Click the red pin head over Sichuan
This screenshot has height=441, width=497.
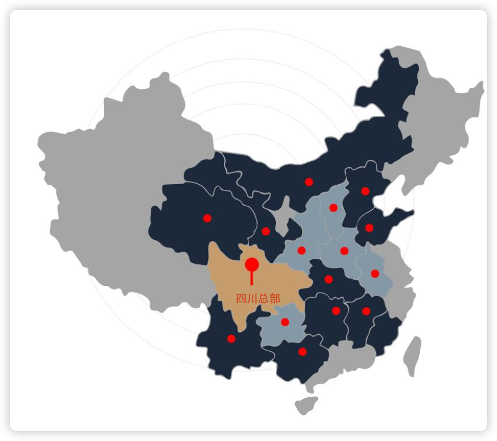coord(252,265)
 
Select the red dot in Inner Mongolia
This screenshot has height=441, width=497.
coord(309,182)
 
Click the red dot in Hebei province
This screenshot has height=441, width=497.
coord(365,191)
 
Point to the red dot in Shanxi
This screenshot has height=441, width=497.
coord(333,207)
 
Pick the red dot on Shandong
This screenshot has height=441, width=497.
coord(369,228)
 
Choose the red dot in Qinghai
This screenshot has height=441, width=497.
coord(207,218)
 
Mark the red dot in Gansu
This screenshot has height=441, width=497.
coord(266,231)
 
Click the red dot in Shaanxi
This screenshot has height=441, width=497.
coord(301,250)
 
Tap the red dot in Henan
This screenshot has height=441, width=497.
coord(344,251)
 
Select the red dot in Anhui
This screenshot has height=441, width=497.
coord(375,273)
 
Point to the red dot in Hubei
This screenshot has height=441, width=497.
coord(328,279)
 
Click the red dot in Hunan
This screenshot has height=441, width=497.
coord(336,311)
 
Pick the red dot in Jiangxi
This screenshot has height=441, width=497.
coord(366,311)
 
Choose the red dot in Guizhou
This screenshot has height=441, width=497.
coord(285,322)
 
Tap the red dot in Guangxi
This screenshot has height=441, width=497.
coord(303,352)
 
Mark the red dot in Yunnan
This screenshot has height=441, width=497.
coord(231,339)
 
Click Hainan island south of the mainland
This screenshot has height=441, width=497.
coord(306,405)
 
